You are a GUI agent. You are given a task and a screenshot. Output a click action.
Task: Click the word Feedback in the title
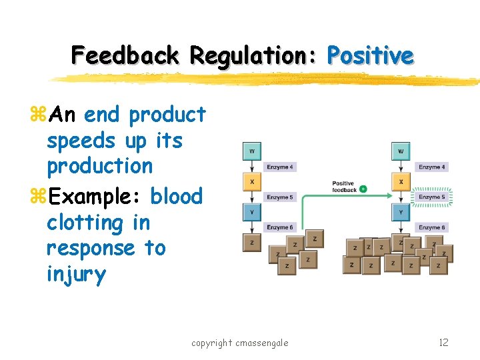[x=125, y=55]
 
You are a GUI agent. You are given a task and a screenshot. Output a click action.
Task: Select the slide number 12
[x=443, y=343]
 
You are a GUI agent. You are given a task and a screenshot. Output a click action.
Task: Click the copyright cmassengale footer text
[x=240, y=343]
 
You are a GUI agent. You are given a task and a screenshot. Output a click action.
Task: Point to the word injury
[x=76, y=274]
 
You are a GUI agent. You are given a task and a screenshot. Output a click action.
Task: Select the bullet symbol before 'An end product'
[x=37, y=115]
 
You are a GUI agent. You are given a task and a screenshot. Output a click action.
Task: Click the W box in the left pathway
[x=251, y=151]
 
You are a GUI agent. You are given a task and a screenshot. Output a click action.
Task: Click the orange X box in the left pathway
[x=251, y=181]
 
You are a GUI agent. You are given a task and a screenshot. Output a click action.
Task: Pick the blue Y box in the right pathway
[x=401, y=212]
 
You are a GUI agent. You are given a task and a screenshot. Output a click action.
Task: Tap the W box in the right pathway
[x=401, y=151]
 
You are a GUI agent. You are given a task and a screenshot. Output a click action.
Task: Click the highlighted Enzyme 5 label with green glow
[x=431, y=197]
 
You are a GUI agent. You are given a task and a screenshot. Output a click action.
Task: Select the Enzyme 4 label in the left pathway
[x=280, y=167]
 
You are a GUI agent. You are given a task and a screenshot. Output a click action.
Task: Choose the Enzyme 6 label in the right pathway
[x=431, y=227]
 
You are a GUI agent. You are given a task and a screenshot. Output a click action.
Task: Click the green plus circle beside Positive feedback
[x=363, y=189]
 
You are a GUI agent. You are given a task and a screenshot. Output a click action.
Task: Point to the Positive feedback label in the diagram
[x=345, y=187]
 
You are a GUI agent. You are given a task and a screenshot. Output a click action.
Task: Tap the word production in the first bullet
[x=99, y=166]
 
